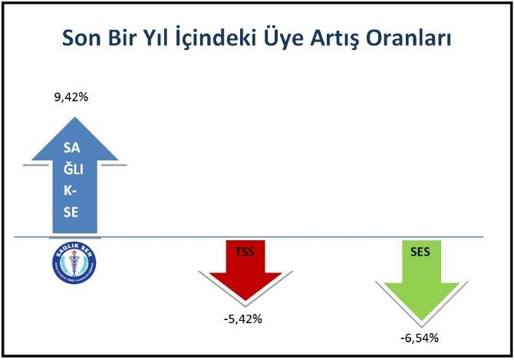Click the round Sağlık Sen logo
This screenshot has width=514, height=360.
pos(74,262)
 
